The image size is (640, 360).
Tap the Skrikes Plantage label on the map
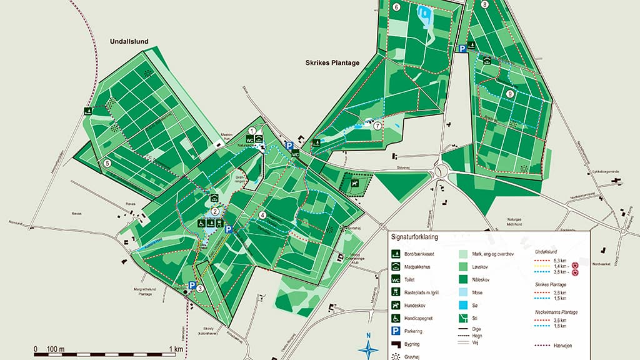[x=332, y=62]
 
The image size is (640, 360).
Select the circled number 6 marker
[x=396, y=7]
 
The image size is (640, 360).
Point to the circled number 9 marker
[x=511, y=94]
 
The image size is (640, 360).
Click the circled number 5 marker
[x=107, y=163]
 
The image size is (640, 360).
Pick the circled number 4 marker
[x=262, y=216]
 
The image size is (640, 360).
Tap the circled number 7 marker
[x=377, y=125]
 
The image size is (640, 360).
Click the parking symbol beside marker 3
[x=192, y=286]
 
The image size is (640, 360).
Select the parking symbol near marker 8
[x=462, y=48]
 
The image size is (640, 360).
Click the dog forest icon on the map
[x=355, y=184]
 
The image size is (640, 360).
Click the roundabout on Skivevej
[x=442, y=169]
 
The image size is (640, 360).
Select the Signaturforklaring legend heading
[x=414, y=237]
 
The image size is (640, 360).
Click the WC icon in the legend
[x=396, y=279]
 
